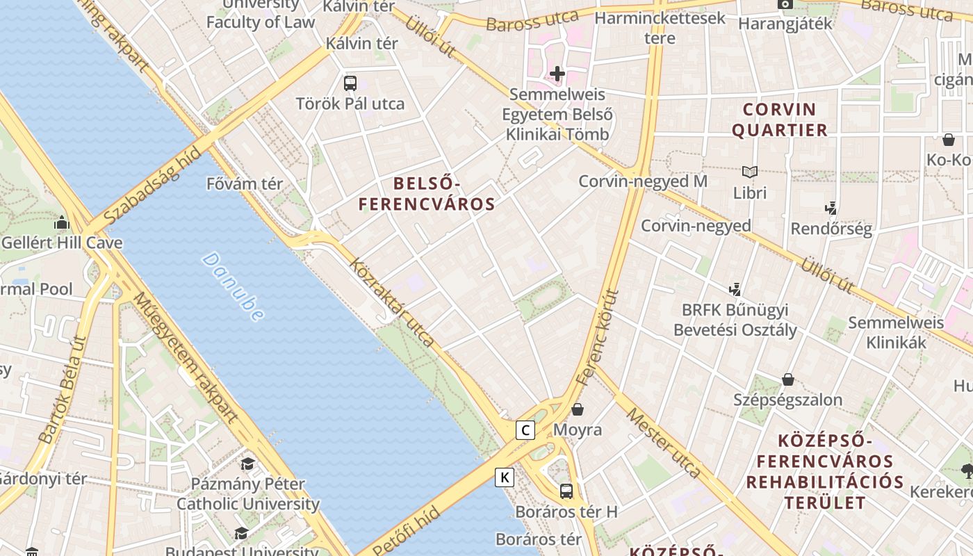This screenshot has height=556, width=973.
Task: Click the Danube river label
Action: (x=233, y=286)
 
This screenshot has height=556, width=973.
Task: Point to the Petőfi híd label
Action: (x=407, y=532)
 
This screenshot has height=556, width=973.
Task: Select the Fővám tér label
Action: (x=245, y=184)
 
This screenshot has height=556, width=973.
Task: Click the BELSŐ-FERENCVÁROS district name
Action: (x=427, y=194)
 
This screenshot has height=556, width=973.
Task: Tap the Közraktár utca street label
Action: (x=392, y=303)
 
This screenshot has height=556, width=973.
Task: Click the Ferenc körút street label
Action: (x=597, y=338)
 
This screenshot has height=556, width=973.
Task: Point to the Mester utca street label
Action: (x=664, y=443)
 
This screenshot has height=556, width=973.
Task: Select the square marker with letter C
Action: (x=525, y=430)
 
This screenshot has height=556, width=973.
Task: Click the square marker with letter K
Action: (x=505, y=477)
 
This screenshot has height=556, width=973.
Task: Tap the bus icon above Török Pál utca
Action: (x=350, y=83)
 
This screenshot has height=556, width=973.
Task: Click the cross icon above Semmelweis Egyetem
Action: (x=557, y=73)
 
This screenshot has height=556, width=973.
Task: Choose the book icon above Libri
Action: (x=749, y=172)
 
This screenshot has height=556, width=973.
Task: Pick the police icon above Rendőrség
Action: (x=830, y=208)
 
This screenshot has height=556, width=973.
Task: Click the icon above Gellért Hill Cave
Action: (x=62, y=223)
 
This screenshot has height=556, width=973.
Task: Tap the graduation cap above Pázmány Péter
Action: (x=247, y=464)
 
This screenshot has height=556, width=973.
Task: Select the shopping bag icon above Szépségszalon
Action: (x=788, y=379)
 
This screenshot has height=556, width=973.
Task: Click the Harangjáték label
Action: (x=785, y=23)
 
